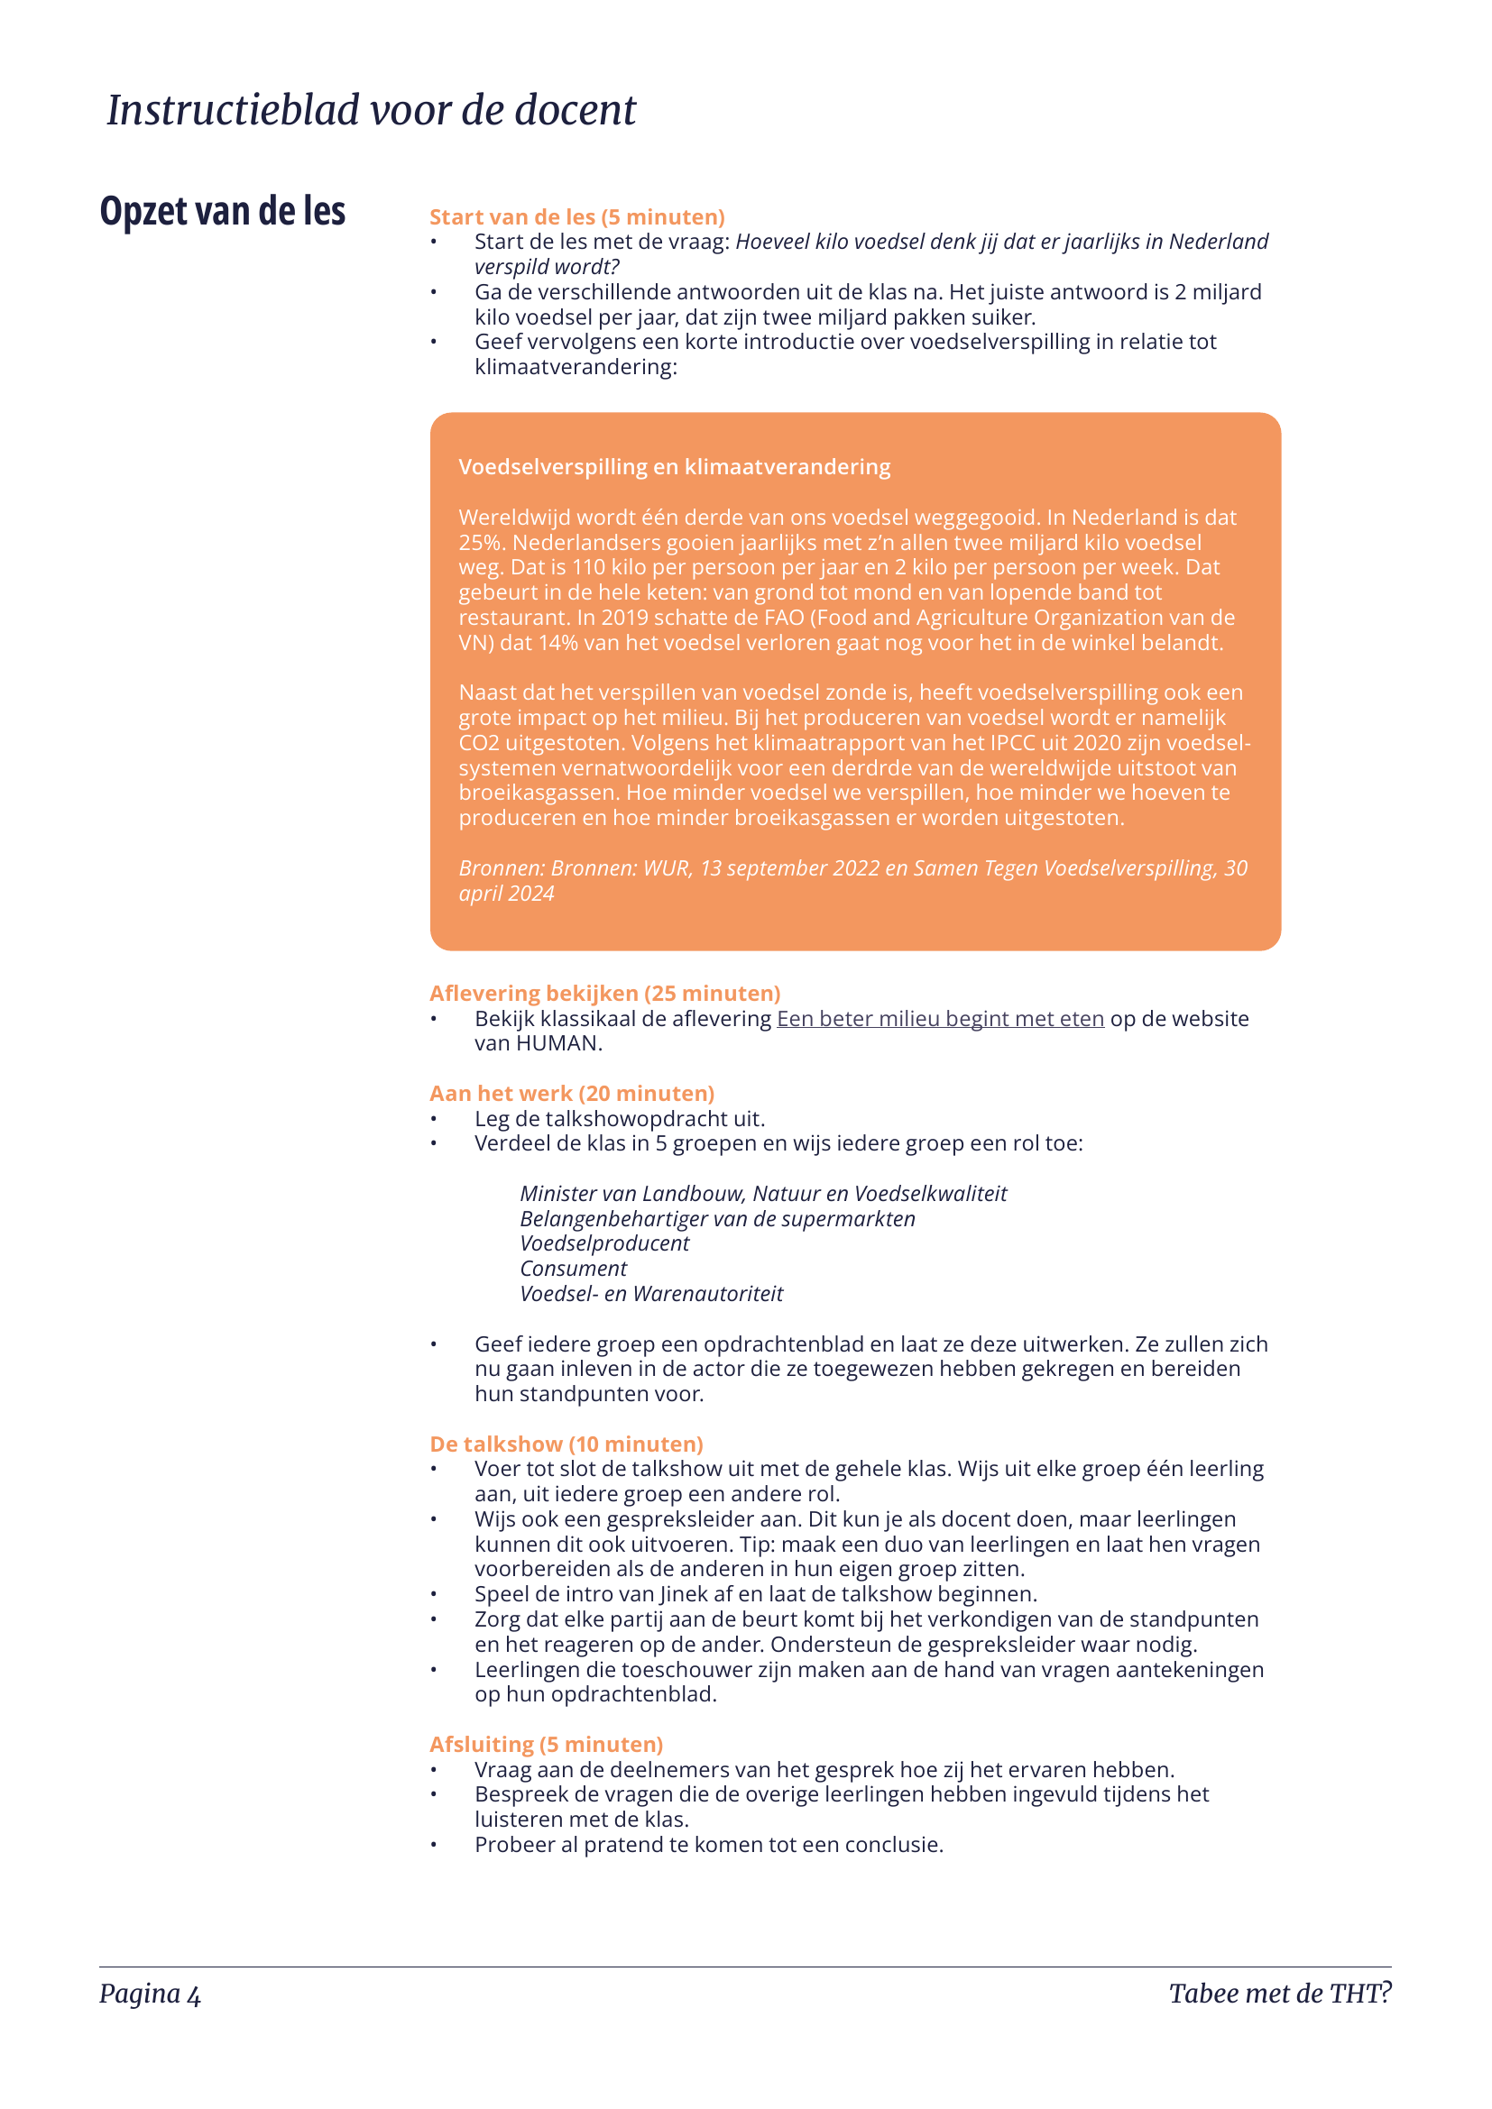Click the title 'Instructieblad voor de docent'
[371, 110]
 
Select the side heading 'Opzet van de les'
[222, 211]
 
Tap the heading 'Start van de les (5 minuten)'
[577, 216]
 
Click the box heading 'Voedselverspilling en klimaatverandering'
[675, 467]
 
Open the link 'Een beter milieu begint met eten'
[940, 1019]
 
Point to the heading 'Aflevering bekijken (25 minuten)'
[604, 993]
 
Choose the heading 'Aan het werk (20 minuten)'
[571, 1093]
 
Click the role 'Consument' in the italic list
[574, 1269]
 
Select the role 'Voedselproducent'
[604, 1243]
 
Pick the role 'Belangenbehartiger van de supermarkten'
[717, 1219]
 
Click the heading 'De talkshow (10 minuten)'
[566, 1444]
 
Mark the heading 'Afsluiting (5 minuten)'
[546, 1745]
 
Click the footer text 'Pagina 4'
[150, 1994]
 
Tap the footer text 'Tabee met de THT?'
[1279, 1994]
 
